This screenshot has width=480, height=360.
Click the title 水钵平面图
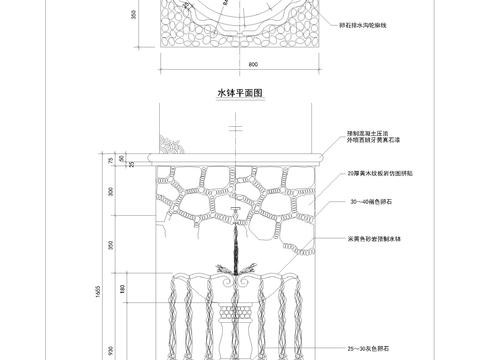pyautogui.click(x=240, y=93)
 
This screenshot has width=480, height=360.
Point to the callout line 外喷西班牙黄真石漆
pyautogui.click(x=379, y=140)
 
